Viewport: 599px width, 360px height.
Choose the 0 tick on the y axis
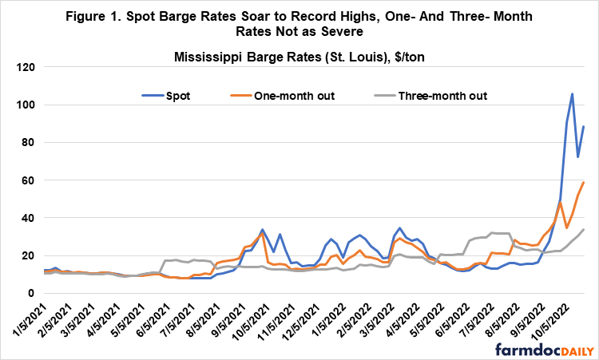coord(34,294)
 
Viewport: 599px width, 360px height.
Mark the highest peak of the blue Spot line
coord(572,93)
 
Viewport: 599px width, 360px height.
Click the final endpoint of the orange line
coord(584,182)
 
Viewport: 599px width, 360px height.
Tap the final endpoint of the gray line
coord(584,230)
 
